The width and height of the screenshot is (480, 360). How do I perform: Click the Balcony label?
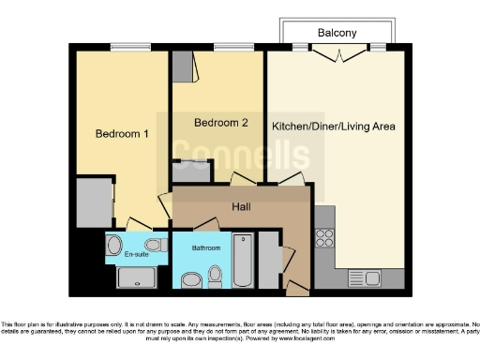[337, 33]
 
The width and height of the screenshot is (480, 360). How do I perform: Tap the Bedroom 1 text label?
[122, 133]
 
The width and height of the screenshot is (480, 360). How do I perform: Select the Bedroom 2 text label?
[220, 123]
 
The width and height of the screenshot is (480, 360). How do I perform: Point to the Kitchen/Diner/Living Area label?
[333, 126]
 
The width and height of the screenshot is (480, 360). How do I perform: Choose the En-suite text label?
[136, 254]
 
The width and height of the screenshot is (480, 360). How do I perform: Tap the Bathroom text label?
[206, 248]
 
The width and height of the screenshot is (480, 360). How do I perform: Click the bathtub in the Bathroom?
[242, 261]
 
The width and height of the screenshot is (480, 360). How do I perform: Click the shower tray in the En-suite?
[143, 277]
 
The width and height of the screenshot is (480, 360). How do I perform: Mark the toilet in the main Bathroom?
[216, 275]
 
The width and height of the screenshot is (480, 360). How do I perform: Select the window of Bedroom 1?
[125, 47]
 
